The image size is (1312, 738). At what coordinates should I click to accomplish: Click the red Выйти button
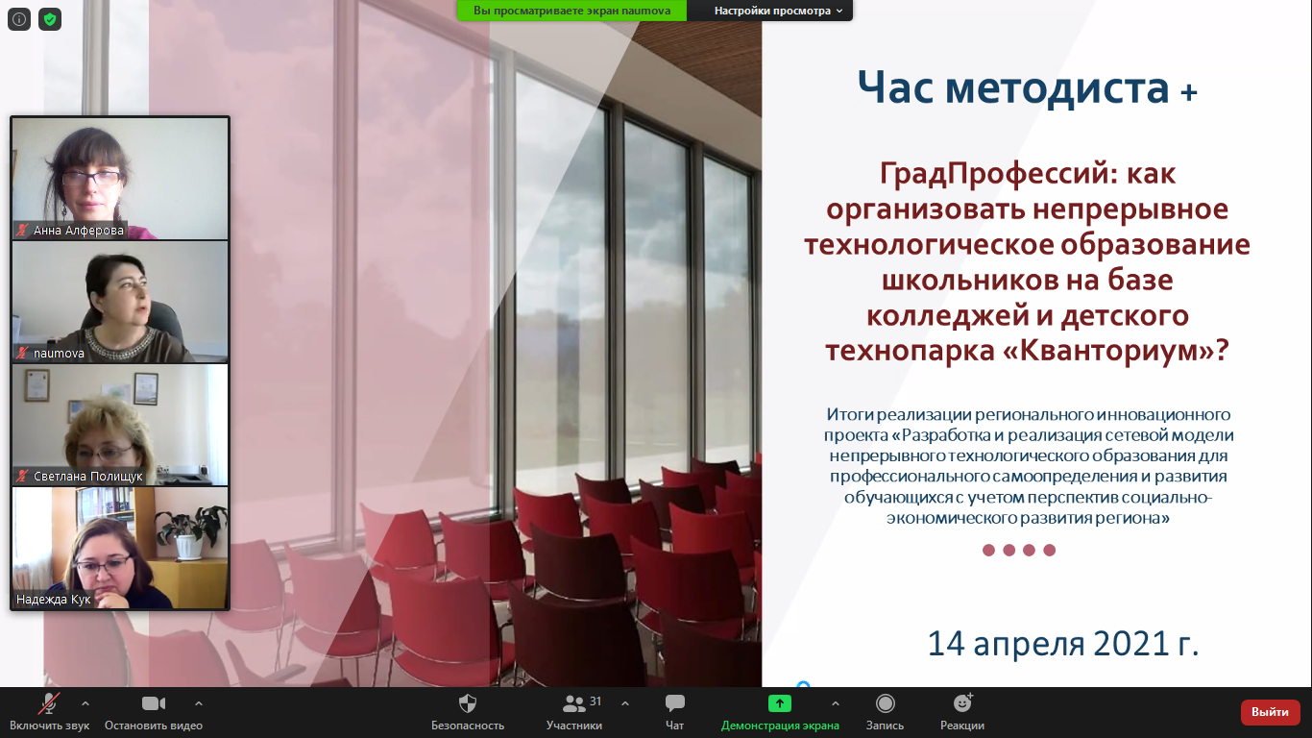point(1270,712)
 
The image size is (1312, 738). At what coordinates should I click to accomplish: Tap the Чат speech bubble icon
point(675,703)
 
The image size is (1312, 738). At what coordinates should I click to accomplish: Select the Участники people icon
point(573,703)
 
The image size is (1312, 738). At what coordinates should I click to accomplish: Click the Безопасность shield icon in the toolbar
point(468,703)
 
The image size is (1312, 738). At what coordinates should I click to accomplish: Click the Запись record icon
point(885,703)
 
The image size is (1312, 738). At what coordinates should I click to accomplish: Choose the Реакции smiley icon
point(962,702)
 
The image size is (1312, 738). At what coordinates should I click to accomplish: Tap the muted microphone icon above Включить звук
point(49,703)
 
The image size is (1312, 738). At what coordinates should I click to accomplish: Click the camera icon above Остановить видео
point(154,703)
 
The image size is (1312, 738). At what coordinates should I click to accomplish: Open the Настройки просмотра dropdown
point(778,11)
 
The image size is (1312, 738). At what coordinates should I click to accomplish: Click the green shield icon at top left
point(50,19)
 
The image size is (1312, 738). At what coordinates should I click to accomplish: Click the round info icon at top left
point(19,19)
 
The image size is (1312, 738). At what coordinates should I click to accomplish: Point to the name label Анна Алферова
point(79,231)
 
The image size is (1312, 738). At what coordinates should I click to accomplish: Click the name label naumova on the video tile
point(59,354)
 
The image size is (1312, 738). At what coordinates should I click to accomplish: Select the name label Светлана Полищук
point(87,477)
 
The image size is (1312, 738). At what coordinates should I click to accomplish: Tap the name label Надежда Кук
point(53,599)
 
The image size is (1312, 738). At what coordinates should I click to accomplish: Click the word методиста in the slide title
point(1057,87)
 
